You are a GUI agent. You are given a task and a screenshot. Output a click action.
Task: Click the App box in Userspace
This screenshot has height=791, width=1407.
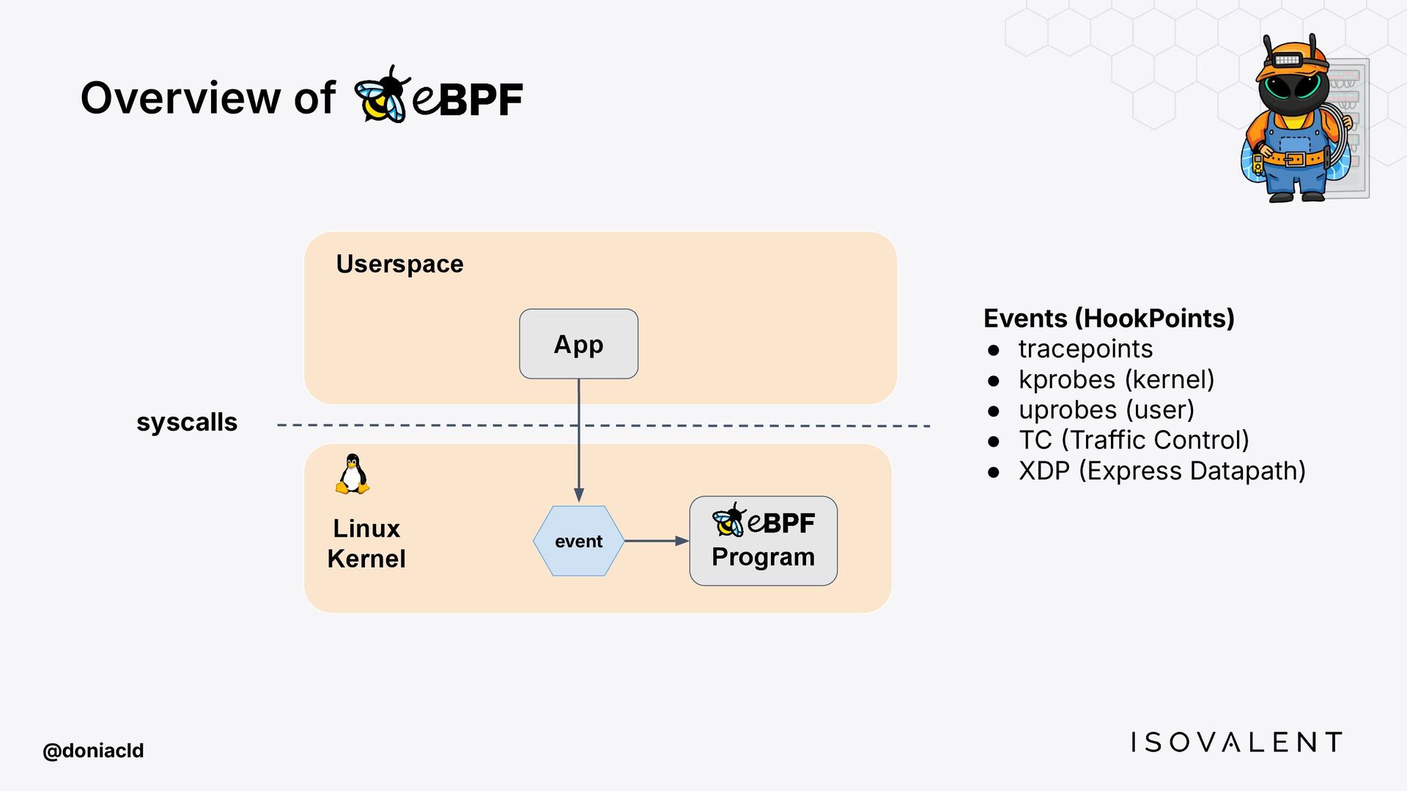pyautogui.click(x=578, y=343)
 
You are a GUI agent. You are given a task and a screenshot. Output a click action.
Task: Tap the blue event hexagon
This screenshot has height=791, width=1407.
pyautogui.click(x=578, y=541)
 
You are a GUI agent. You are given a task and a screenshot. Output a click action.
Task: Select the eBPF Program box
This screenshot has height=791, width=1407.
pyautogui.click(x=763, y=541)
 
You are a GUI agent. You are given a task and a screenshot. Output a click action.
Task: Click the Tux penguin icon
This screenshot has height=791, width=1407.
pyautogui.click(x=352, y=474)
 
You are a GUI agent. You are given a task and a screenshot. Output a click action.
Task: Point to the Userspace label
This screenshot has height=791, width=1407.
pyautogui.click(x=399, y=264)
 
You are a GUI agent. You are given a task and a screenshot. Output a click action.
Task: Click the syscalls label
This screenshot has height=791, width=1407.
pyautogui.click(x=187, y=423)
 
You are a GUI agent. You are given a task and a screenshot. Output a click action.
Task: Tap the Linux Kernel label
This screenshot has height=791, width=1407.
pyautogui.click(x=366, y=543)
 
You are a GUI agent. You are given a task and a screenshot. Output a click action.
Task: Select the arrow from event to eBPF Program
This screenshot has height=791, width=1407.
pyautogui.click(x=657, y=541)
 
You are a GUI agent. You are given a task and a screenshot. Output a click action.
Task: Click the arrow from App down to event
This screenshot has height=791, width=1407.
pyautogui.click(x=579, y=440)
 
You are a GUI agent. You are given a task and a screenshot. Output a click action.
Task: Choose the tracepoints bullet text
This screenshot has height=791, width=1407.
pyautogui.click(x=1085, y=349)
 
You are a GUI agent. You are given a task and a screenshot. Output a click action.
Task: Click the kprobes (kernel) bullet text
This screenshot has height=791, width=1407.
pyautogui.click(x=1116, y=379)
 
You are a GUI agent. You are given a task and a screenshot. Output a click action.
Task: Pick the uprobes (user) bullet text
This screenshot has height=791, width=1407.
pyautogui.click(x=1107, y=410)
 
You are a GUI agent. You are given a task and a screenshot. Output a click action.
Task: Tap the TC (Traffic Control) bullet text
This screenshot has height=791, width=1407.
pyautogui.click(x=1134, y=440)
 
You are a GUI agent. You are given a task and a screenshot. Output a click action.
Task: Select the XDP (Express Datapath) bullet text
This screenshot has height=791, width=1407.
pyautogui.click(x=1162, y=471)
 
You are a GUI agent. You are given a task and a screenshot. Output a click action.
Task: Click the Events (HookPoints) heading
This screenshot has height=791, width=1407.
pyautogui.click(x=1109, y=319)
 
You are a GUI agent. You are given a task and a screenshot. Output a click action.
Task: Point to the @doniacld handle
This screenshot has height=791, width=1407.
pyautogui.click(x=93, y=751)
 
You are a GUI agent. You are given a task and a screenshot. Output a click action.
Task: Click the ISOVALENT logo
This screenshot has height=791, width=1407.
pyautogui.click(x=1236, y=742)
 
